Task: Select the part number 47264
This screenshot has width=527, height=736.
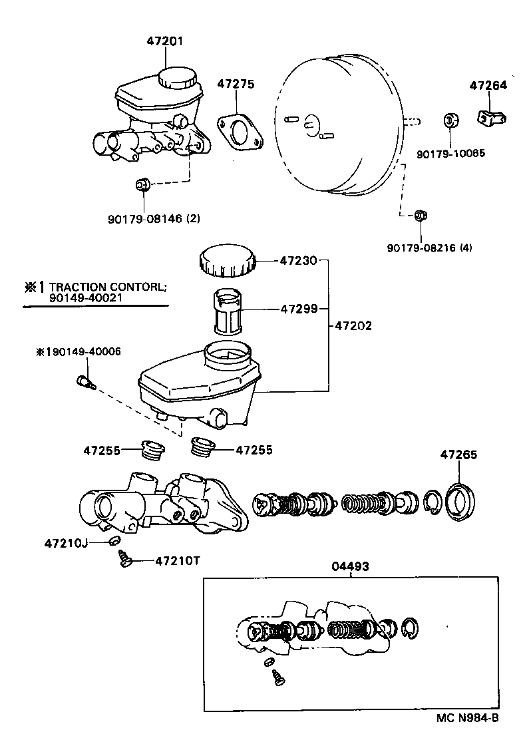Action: tap(488, 85)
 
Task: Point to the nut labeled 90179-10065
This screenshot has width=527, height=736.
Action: tap(450, 121)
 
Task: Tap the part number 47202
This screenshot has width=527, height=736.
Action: tap(353, 326)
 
